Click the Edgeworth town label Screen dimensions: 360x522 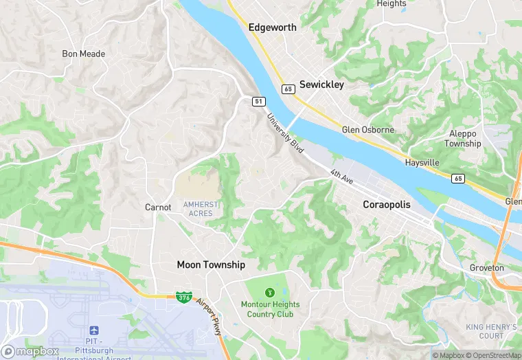point(272,27)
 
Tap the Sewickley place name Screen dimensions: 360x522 point(321,85)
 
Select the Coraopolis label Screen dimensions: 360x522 point(390,205)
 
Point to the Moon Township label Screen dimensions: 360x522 point(211,265)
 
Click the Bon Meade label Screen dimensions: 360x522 point(83,54)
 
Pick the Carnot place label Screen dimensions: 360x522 point(157,207)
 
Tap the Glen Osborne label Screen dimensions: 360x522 point(368,130)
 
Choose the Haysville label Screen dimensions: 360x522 point(422,163)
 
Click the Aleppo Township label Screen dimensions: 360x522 point(463,139)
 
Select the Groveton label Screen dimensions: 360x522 point(486,268)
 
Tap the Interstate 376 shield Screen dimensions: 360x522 point(183,297)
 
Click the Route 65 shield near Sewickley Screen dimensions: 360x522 point(288,89)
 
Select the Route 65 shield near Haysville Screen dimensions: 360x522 point(457,178)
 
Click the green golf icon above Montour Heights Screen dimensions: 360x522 point(268,293)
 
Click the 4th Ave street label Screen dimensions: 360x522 point(341,177)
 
